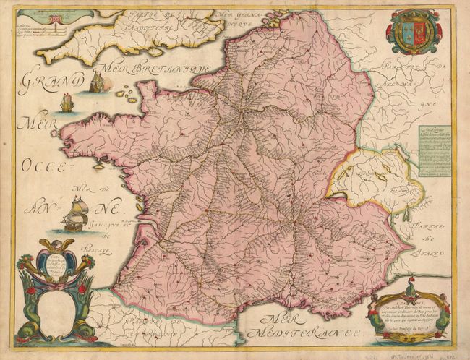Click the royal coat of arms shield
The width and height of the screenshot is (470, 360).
coord(414,33)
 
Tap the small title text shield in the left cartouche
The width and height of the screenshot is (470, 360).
coord(57,263)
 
